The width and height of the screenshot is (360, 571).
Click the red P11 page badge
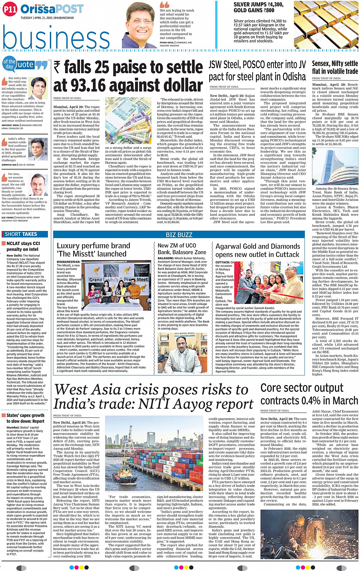(x=10, y=9)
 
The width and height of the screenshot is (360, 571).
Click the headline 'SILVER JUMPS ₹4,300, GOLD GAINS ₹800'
(x=258, y=8)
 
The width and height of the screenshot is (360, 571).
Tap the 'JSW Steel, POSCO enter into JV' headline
(x=257, y=64)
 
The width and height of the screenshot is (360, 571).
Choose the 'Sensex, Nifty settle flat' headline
(x=335, y=67)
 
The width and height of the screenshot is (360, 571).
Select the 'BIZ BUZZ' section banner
(x=179, y=235)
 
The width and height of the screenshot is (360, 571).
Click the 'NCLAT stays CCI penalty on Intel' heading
(x=23, y=246)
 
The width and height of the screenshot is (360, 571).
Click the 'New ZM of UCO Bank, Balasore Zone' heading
(x=182, y=249)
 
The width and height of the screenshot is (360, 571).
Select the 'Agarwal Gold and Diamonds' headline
(x=258, y=246)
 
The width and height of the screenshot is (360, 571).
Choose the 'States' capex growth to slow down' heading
(x=26, y=418)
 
